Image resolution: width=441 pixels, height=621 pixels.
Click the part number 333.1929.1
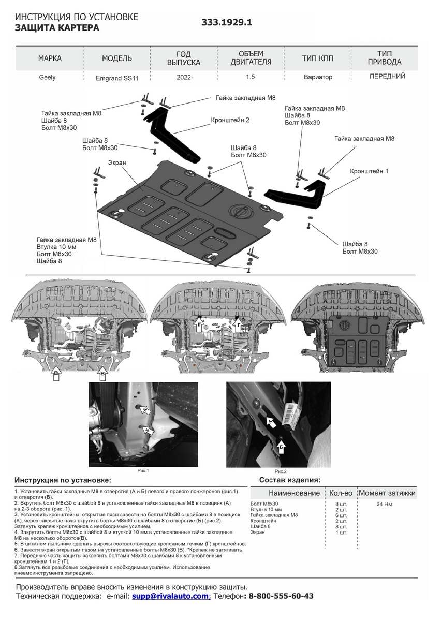[x=226, y=23]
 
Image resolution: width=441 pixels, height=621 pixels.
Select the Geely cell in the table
[x=47, y=78]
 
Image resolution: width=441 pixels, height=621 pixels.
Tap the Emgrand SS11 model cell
[x=116, y=78]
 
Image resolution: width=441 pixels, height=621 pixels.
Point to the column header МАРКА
[x=50, y=58]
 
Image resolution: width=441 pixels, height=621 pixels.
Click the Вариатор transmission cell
[x=318, y=77]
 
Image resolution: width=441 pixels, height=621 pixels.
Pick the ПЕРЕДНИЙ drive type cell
[x=387, y=76]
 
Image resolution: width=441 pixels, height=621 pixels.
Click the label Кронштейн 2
[x=230, y=120]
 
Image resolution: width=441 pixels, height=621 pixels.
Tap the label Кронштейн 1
[x=369, y=171]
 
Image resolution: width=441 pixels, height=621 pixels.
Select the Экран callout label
[x=117, y=162]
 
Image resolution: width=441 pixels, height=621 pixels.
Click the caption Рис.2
[x=281, y=471]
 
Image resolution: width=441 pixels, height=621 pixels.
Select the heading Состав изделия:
[x=289, y=480]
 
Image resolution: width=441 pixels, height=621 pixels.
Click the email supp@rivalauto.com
[x=171, y=596]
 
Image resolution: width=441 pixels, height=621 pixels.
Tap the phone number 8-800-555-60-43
[x=281, y=596]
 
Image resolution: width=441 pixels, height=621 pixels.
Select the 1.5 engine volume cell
[x=251, y=77]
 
